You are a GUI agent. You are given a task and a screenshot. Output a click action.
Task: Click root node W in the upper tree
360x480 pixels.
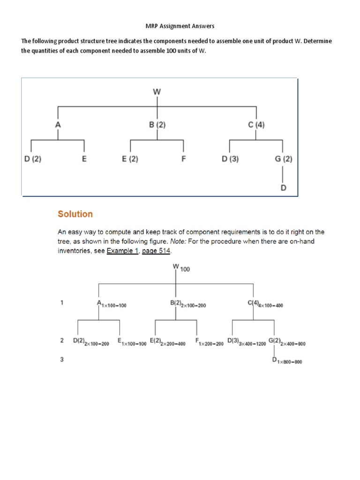coord(157,92)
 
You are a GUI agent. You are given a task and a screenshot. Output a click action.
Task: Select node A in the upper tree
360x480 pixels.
coord(58,125)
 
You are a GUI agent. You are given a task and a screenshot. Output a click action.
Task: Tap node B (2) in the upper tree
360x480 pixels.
coord(157,125)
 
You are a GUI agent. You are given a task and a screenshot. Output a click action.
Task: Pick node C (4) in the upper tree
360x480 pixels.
coord(256,125)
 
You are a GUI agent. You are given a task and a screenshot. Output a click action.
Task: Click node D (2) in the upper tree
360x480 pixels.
coord(33,158)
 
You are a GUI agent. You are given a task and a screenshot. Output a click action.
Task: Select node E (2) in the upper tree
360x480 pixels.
coord(130,158)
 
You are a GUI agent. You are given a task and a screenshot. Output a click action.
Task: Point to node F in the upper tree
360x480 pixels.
coord(184,158)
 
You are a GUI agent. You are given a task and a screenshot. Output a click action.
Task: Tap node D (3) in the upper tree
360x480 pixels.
coord(230,158)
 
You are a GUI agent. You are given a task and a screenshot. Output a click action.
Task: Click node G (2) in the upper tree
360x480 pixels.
coord(284,158)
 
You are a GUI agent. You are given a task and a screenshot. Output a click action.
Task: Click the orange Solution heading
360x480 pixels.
coord(75,214)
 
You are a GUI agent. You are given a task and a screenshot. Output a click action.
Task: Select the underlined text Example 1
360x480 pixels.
coord(119,251)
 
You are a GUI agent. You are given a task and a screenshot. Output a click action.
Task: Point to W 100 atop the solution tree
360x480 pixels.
coord(181,268)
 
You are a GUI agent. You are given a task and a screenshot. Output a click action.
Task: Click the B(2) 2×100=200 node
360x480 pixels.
coord(187,304)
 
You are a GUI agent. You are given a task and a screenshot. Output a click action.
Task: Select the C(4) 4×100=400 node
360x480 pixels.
coord(265,304)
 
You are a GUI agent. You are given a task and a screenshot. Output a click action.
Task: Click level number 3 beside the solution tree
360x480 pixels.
coord(62,360)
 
